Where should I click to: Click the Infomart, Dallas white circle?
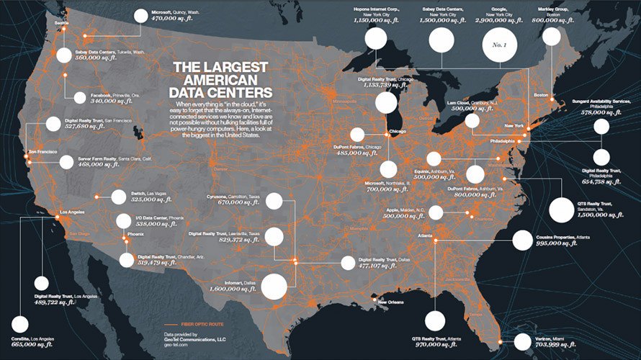(x=274, y=286)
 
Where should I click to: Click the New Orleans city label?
(x=393, y=302)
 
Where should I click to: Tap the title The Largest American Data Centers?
(x=220, y=79)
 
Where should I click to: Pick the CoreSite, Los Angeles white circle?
(x=22, y=324)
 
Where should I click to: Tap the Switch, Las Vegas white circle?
(x=117, y=197)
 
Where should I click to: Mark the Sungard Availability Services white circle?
(x=601, y=127)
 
